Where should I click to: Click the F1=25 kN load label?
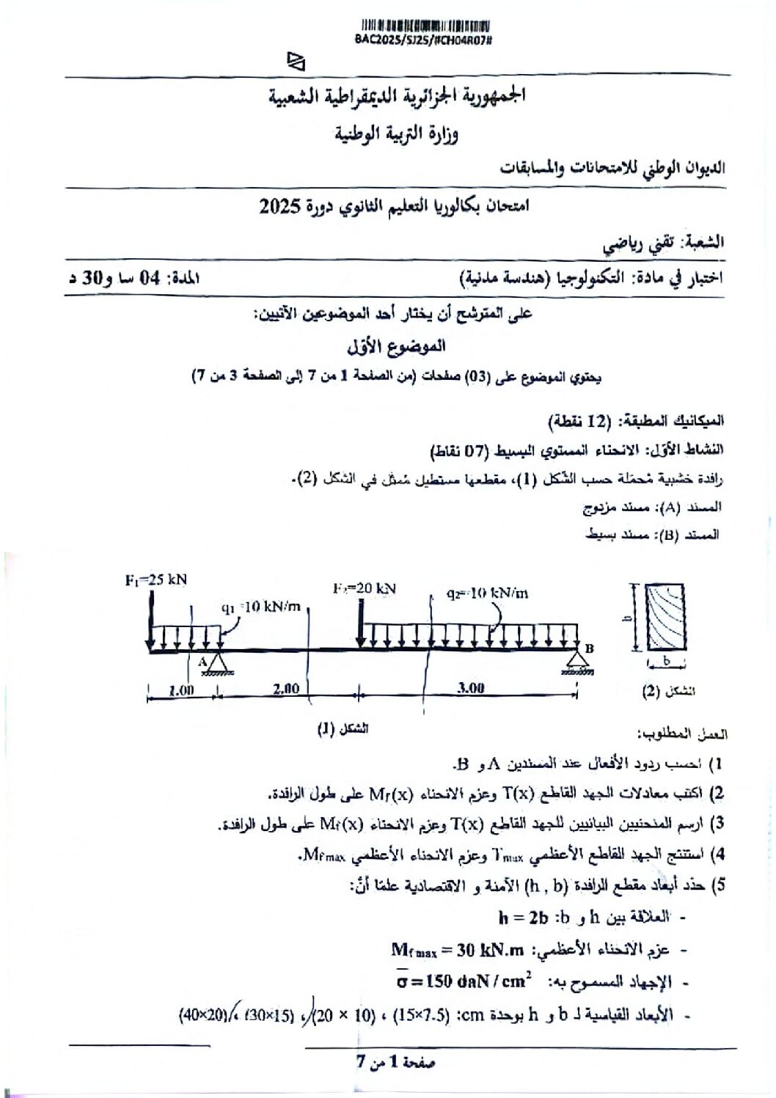pyautogui.click(x=155, y=579)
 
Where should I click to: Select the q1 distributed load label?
pyautogui.click(x=260, y=607)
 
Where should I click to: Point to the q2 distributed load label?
pyautogui.click(x=487, y=593)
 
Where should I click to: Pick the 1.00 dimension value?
pyautogui.click(x=181, y=689)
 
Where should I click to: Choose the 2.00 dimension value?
pyautogui.click(x=285, y=689)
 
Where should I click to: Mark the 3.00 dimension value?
pyautogui.click(x=470, y=688)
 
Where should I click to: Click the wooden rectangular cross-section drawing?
pyautogui.click(x=665, y=617)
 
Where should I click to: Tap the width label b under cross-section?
pyautogui.click(x=666, y=661)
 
